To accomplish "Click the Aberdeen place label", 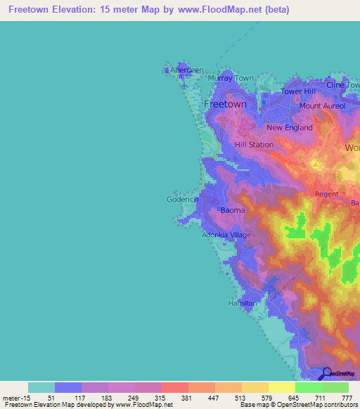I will click(188, 70).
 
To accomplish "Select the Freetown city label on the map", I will click(224, 104).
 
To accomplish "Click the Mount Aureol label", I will click(322, 105).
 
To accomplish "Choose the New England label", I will click(288, 127).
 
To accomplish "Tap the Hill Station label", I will click(254, 144).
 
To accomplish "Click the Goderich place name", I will click(183, 199).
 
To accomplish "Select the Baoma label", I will click(233, 210).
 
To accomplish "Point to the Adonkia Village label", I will click(226, 235).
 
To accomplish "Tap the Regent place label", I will click(327, 193).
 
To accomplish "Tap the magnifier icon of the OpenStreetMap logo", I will click(326, 373).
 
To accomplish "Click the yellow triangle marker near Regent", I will click(316, 164).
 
